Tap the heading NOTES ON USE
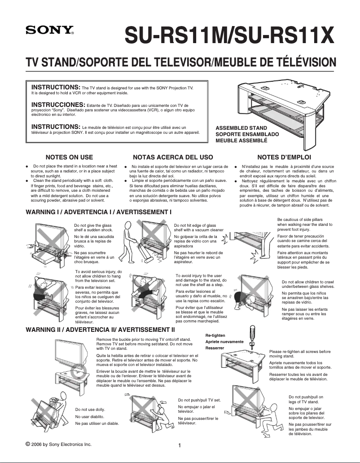[x=69, y=157]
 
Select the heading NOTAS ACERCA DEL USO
[x=173, y=157]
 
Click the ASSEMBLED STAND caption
[x=241, y=128]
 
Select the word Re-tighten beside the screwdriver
[x=215, y=335]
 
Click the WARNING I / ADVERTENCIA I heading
[x=99, y=211]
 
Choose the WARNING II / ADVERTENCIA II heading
[x=100, y=330]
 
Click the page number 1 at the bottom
[x=180, y=445]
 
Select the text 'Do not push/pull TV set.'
[x=199, y=400]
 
